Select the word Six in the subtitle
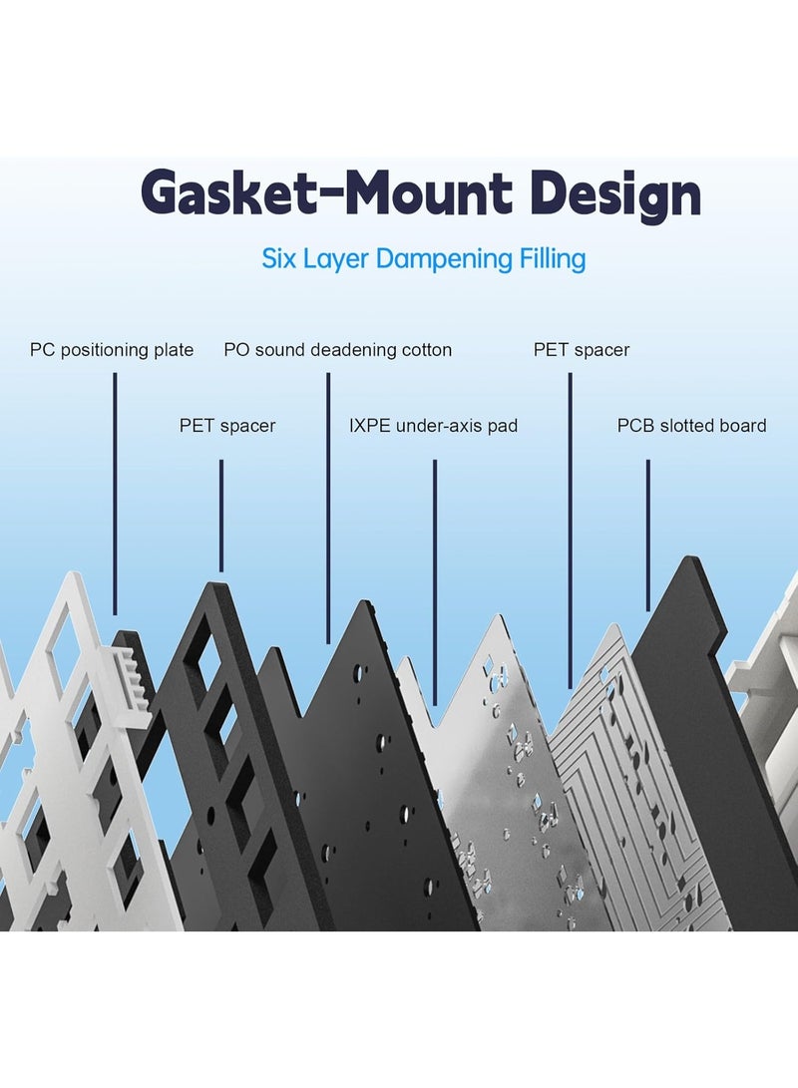[x=279, y=259]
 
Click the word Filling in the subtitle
[x=551, y=259]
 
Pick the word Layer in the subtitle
[x=336, y=259]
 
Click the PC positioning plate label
[x=112, y=350]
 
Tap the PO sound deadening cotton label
[x=337, y=350]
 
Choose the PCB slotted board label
[x=691, y=426]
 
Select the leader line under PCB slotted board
[x=648, y=534]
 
